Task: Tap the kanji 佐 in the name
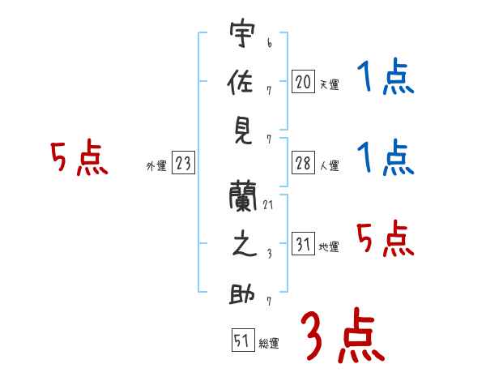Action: [x=242, y=83]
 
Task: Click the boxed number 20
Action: [x=303, y=81]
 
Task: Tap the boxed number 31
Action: [x=303, y=244]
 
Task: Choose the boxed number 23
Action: [x=183, y=164]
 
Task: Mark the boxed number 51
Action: [x=242, y=340]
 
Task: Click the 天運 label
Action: [x=329, y=84]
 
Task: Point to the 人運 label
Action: [x=329, y=166]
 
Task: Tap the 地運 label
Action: [x=329, y=247]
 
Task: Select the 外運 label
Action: [x=156, y=166]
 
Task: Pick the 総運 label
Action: [x=269, y=344]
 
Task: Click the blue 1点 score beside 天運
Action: [x=386, y=79]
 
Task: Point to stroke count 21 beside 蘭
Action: [x=268, y=205]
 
